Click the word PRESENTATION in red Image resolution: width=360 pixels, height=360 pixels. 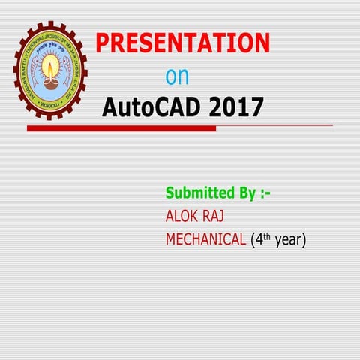pyautogui.click(x=182, y=43)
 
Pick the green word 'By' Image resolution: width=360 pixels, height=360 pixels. pyautogui.click(x=244, y=193)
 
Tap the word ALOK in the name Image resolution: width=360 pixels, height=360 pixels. pyautogui.click(x=181, y=216)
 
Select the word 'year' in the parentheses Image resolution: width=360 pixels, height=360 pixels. pyautogui.click(x=289, y=241)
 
